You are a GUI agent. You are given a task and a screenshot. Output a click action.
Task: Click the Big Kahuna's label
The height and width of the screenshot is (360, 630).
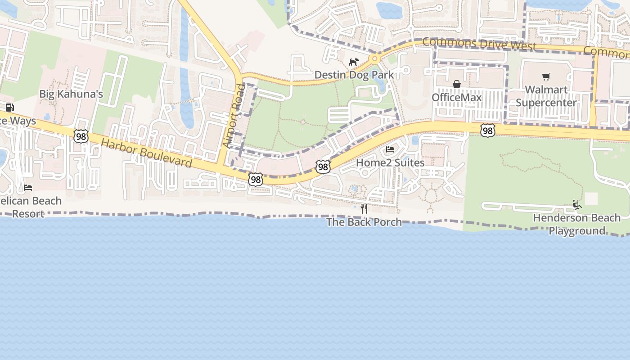[71, 94]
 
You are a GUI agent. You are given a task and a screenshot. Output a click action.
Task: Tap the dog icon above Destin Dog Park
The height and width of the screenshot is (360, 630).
[354, 62]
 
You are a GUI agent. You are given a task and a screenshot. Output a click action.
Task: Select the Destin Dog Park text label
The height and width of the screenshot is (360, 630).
[354, 75]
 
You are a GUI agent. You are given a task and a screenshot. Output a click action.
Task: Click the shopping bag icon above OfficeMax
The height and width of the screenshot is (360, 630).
[457, 84]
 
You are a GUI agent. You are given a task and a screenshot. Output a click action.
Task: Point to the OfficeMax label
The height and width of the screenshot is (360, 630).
[457, 97]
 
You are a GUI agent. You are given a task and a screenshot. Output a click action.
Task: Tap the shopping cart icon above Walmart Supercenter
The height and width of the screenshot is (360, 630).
[546, 77]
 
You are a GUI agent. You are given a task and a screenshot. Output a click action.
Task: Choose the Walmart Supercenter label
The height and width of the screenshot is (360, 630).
[546, 96]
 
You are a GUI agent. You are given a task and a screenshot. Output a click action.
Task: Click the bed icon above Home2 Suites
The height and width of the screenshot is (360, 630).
[390, 149]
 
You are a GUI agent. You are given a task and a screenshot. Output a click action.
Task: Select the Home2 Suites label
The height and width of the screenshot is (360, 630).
[390, 162]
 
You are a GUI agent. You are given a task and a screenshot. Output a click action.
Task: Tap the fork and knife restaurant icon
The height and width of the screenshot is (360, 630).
[364, 209]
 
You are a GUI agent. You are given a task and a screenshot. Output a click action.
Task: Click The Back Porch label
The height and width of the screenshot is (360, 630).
[364, 222]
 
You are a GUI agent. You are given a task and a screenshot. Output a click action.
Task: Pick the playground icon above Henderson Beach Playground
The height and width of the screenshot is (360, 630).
[576, 205]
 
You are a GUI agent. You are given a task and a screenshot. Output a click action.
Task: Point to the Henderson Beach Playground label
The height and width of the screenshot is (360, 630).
[576, 224]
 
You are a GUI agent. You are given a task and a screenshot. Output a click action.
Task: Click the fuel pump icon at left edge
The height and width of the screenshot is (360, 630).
[9, 108]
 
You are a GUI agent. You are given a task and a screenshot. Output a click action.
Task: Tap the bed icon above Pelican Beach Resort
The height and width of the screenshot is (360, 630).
[28, 188]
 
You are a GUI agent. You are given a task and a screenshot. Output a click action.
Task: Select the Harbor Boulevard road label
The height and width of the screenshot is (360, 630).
[146, 153]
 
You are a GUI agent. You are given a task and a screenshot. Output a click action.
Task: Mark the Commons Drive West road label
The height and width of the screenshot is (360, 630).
[479, 44]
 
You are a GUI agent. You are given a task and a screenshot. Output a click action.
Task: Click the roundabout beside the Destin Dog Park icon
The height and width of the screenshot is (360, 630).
[374, 58]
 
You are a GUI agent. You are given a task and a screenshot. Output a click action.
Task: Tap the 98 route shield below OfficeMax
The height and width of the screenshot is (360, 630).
[487, 130]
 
